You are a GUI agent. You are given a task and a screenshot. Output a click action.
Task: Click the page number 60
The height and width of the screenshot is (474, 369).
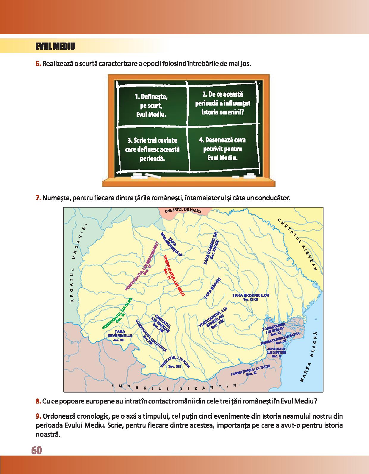[36, 450]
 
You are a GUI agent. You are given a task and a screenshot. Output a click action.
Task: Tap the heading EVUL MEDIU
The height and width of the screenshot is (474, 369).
[55, 47]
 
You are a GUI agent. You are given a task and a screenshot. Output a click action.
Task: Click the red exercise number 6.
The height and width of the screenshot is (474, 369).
[39, 64]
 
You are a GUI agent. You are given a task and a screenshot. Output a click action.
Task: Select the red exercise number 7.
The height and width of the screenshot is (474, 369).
[38, 197]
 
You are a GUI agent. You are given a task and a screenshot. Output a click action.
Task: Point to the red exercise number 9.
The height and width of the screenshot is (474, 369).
[38, 415]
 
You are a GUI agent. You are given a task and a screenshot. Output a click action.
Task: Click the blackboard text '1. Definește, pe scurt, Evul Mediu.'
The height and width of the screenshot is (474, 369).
[151, 106]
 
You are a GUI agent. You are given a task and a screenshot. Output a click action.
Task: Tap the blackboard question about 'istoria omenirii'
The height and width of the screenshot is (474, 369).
[222, 103]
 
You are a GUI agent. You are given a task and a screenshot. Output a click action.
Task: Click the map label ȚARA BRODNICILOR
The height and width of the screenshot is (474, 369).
[251, 296]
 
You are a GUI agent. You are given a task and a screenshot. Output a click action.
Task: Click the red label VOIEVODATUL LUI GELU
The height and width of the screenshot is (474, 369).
[174, 275]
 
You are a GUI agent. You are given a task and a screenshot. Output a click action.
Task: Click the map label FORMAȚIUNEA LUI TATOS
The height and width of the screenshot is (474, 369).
[251, 371]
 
